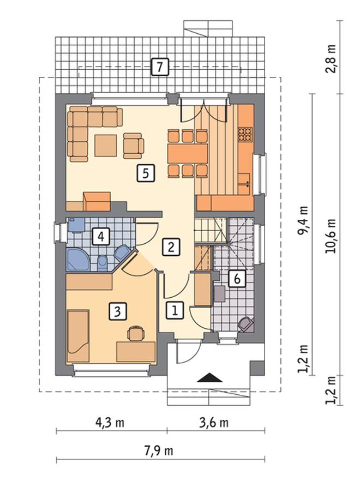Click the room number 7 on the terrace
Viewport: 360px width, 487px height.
click(160, 67)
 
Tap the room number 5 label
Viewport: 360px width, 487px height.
click(146, 173)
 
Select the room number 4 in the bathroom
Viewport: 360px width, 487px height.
click(101, 237)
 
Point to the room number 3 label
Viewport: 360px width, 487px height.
click(117, 311)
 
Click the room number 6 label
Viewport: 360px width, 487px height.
click(237, 279)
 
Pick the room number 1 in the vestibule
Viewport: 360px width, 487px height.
click(175, 310)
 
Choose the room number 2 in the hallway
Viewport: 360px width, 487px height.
click(171, 247)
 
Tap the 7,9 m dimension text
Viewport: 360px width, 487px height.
click(158, 450)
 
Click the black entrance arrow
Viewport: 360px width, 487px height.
click(210, 377)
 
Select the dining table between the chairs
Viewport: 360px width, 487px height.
click(187, 153)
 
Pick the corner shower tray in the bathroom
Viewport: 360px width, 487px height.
click(77, 259)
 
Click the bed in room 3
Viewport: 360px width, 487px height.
click(79, 336)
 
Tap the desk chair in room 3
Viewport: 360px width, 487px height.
click(136, 334)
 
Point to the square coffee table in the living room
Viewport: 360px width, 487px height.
click(106, 146)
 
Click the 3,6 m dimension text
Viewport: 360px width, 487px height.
click(214, 423)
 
